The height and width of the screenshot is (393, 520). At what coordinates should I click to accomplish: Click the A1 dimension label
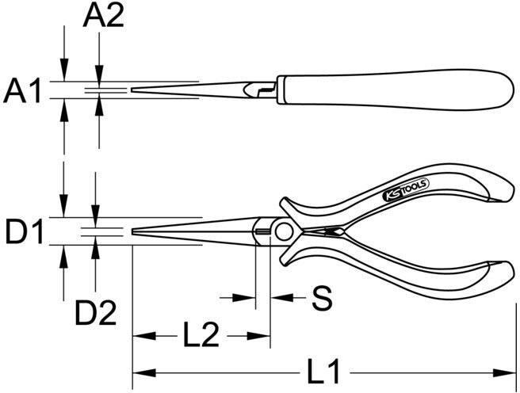click(22, 90)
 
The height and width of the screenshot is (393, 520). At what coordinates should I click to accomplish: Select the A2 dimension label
click(104, 16)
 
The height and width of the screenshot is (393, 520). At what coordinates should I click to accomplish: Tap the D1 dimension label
click(25, 231)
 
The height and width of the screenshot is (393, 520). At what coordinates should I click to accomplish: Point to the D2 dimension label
click(96, 312)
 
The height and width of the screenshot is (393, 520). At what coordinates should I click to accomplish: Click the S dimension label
click(322, 298)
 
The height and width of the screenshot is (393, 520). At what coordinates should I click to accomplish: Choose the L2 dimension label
click(201, 334)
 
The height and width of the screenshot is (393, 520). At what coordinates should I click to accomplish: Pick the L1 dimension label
click(323, 371)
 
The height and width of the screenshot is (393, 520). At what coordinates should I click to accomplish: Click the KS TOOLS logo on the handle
click(406, 189)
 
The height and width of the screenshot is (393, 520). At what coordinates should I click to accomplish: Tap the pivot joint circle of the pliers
click(285, 232)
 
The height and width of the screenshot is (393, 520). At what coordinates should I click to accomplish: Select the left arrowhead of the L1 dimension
click(144, 372)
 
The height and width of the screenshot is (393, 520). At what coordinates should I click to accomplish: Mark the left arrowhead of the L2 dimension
click(144, 336)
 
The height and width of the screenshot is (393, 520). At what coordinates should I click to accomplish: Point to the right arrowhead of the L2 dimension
click(258, 336)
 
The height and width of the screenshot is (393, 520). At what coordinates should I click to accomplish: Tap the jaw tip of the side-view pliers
click(133, 231)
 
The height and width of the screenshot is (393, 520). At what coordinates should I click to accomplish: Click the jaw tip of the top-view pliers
click(132, 90)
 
